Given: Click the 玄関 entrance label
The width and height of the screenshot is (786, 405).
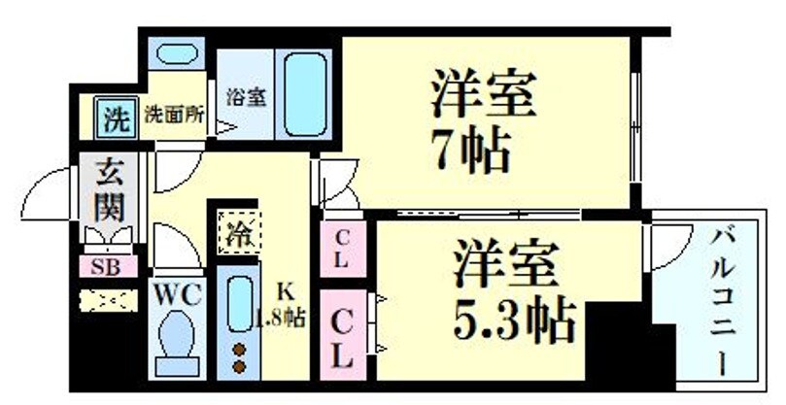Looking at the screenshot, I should (107, 190).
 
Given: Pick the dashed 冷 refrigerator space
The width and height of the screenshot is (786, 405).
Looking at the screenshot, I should (236, 233).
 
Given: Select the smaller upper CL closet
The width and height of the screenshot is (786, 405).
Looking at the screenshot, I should (342, 248).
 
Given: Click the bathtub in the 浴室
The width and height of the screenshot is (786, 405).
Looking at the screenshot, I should (307, 97).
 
